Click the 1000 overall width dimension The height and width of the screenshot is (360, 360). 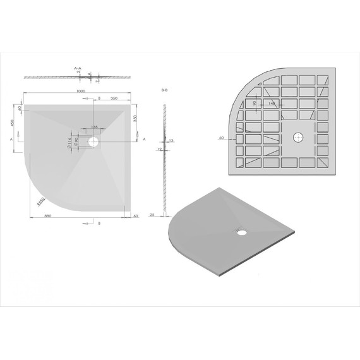tap(79, 92)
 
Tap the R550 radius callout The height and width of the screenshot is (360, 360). tap(42, 201)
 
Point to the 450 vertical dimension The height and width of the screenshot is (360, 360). tap(13, 122)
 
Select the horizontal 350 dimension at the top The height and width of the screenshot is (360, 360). tap(115, 99)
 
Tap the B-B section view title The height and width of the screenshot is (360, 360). tap(165, 91)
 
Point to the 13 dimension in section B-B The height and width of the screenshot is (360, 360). tap(171, 140)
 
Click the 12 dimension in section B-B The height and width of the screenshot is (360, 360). tap(160, 149)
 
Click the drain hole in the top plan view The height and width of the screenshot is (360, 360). tap(93, 143)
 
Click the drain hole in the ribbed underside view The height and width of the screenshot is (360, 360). tap(297, 136)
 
